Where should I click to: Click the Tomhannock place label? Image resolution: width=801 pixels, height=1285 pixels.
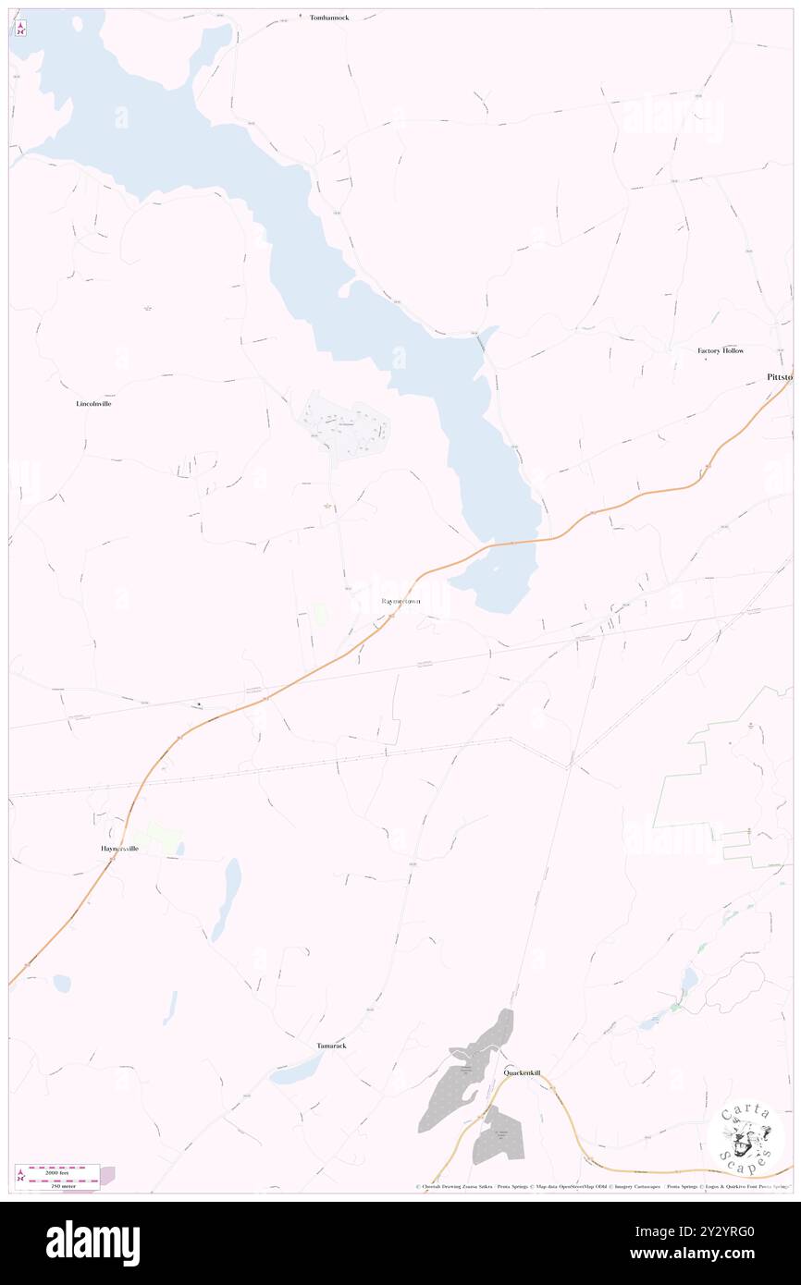[x=328, y=18]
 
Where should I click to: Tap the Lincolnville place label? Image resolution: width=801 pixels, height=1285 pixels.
[x=93, y=404]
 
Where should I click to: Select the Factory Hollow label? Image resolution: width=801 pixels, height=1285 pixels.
[x=721, y=351]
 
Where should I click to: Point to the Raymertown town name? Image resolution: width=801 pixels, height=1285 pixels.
[x=400, y=601]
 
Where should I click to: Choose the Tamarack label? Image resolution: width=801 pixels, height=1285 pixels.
[x=331, y=1045]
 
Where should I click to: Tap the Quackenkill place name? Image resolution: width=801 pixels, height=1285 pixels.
[x=522, y=1073]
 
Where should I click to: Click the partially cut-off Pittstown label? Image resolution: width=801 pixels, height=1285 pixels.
[x=779, y=377]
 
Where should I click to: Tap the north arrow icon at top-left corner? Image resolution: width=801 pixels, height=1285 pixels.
[x=20, y=27]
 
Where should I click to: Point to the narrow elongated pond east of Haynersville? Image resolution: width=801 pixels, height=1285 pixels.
[x=227, y=897]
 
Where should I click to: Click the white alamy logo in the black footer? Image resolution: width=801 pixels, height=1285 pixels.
[x=92, y=1242]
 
